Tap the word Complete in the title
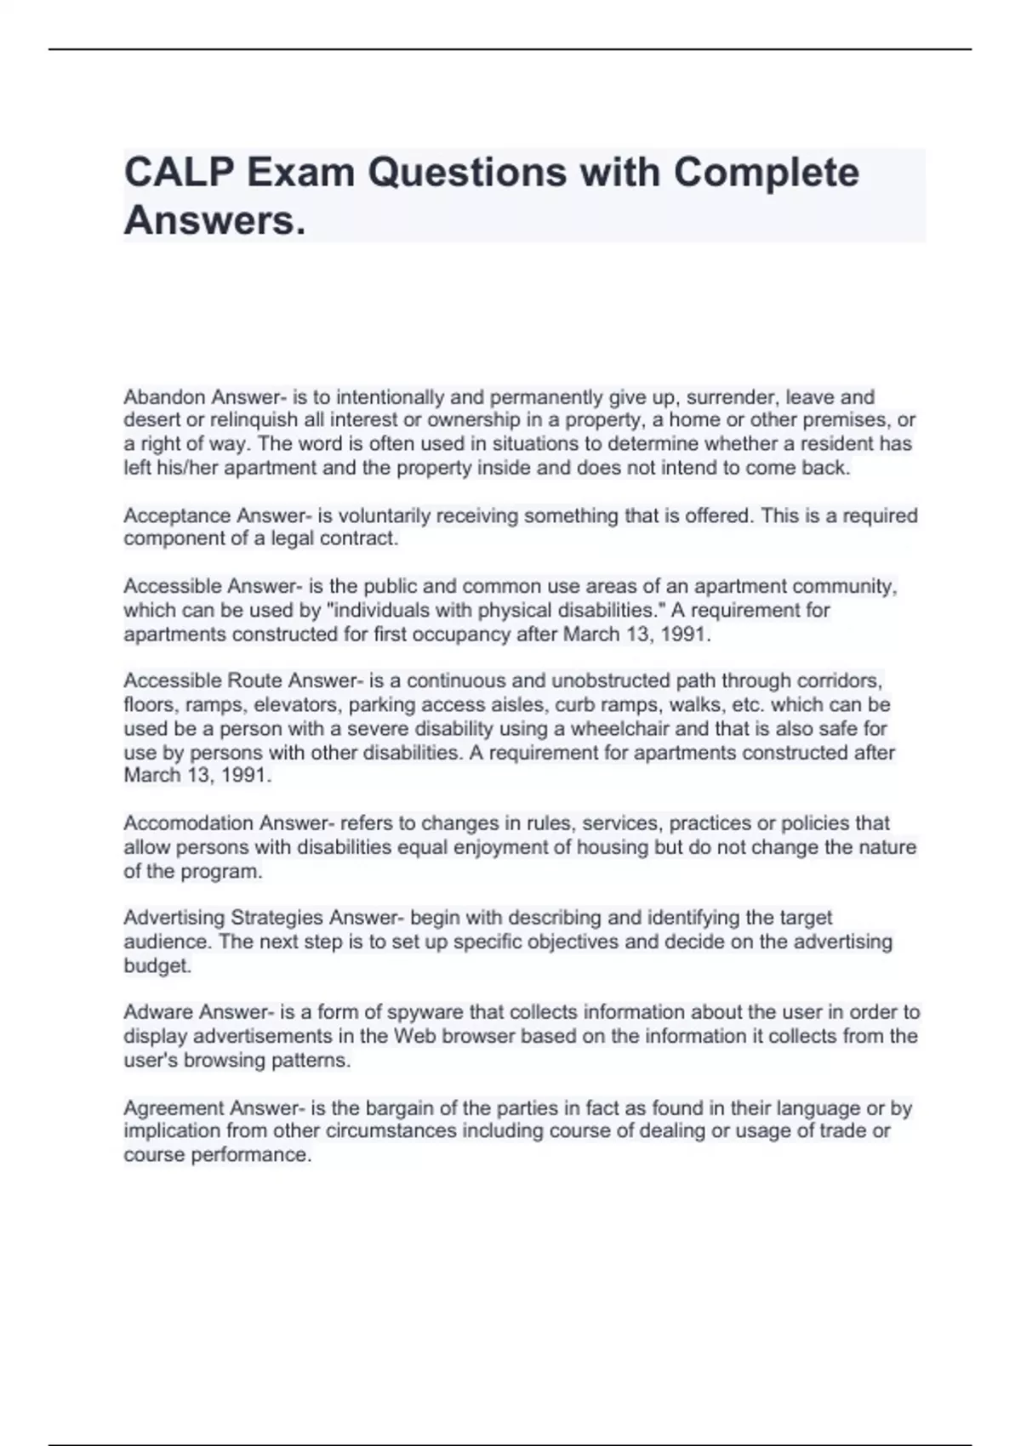coord(766,173)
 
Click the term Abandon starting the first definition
coord(164,397)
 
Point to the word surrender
coord(733,397)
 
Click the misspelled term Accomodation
coord(188,823)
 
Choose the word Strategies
coord(277,918)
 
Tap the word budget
coord(157,966)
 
